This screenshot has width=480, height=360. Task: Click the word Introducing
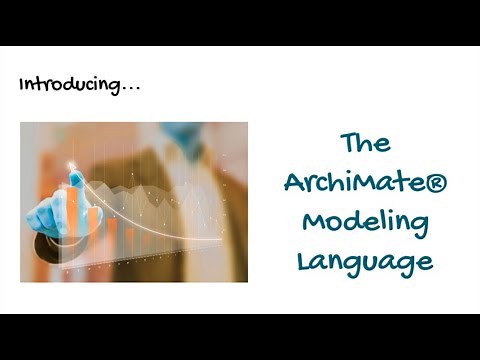pos(68,85)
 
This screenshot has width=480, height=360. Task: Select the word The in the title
pos(364,142)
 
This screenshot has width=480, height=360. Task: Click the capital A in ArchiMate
pos(294,183)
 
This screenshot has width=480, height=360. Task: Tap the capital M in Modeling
pos(314,221)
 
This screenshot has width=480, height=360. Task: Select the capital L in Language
pos(303,260)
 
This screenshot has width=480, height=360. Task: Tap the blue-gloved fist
pos(50,205)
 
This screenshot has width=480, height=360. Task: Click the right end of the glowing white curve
pos(194,237)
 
